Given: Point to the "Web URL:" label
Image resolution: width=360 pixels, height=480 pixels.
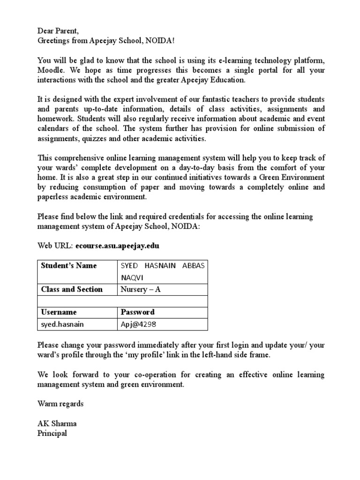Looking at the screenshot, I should pos(55,245).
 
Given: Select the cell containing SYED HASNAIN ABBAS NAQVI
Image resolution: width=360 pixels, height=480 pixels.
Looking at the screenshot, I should pos(162,271).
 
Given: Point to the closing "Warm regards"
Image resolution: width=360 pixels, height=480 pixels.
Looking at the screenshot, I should pos(60,404).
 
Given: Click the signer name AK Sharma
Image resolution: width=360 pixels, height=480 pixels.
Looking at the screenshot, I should pos(57,424).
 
